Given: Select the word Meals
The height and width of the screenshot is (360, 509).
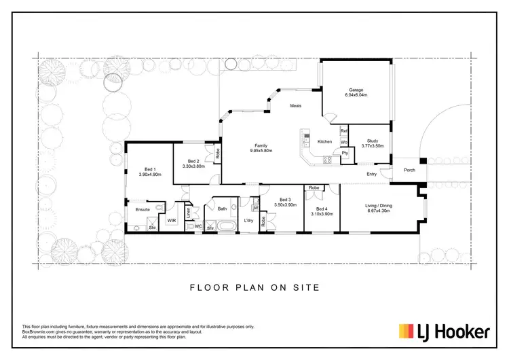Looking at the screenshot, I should [x=296, y=106].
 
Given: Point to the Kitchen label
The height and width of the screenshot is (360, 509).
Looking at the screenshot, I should [x=324, y=141].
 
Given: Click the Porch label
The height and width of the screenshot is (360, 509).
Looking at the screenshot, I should [x=409, y=170].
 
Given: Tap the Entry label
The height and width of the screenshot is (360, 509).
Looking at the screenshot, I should [x=371, y=175].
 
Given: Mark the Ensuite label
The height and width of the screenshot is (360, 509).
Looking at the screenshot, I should [x=143, y=210].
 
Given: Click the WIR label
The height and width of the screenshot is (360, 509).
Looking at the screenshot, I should [x=172, y=221].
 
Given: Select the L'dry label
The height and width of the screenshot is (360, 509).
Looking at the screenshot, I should [x=248, y=221].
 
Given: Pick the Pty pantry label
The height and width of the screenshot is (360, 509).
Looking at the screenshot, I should [x=345, y=153].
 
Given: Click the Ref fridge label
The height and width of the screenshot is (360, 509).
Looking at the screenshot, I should [x=344, y=130].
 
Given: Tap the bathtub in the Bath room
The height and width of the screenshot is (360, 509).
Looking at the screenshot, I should [x=225, y=227].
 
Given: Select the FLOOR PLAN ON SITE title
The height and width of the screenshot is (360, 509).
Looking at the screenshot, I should [x=254, y=287].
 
